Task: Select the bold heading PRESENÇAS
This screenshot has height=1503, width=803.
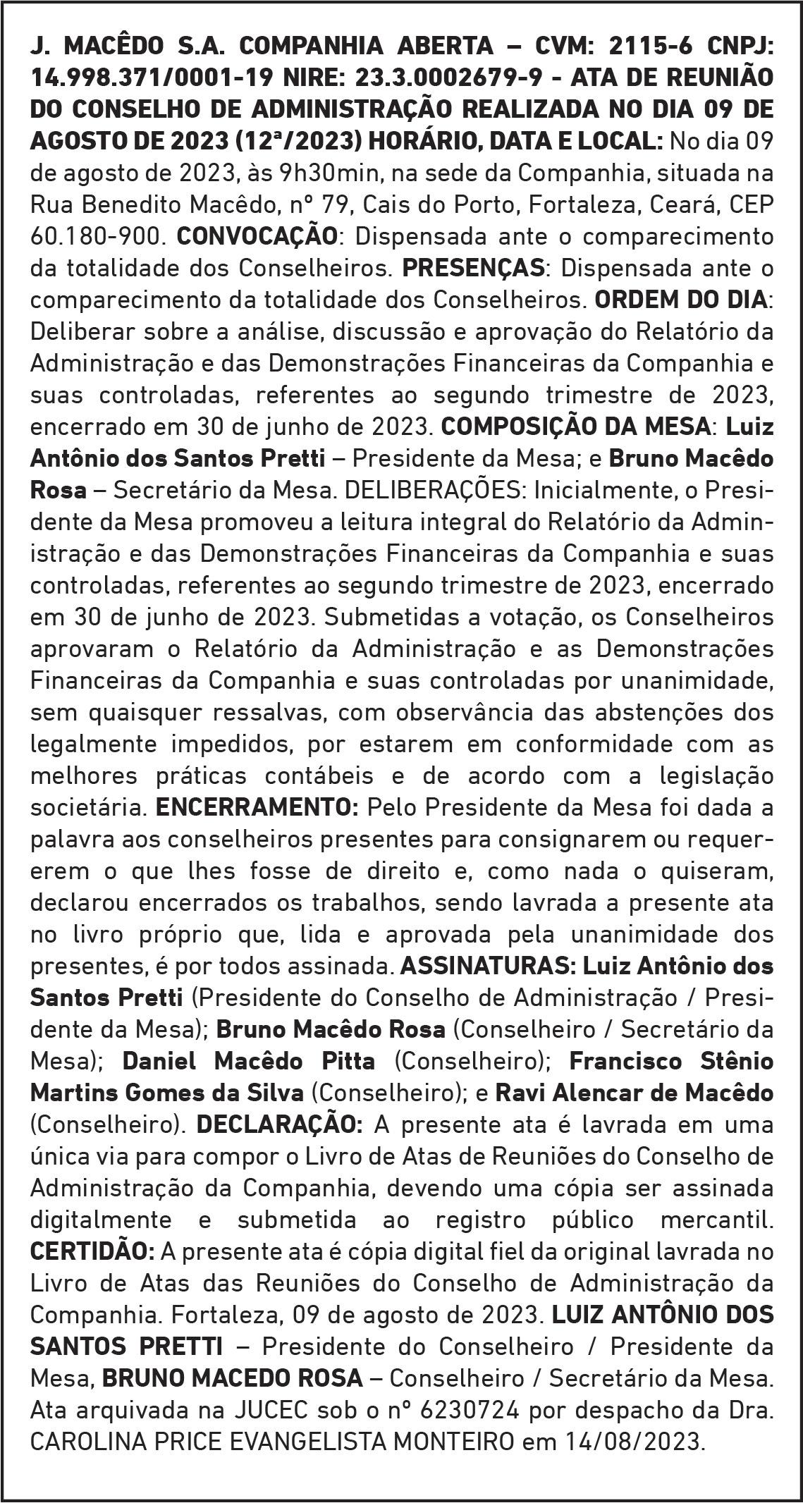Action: click(473, 268)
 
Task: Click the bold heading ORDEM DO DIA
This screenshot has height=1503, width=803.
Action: click(681, 300)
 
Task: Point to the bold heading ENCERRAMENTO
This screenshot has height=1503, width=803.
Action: click(257, 807)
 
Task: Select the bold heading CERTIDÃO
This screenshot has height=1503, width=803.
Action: click(92, 1251)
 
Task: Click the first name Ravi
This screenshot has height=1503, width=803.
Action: click(520, 1093)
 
